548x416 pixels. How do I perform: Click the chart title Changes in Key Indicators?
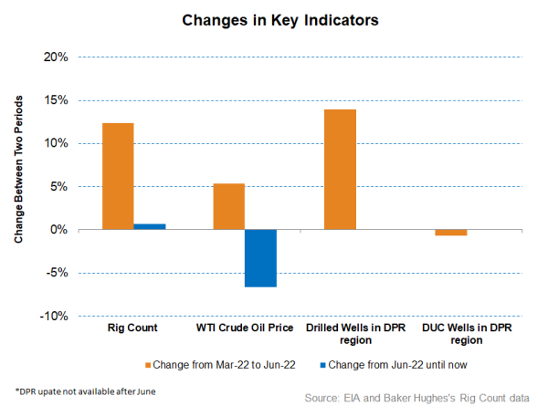tap(274, 19)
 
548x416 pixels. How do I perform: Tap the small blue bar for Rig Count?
tap(150, 226)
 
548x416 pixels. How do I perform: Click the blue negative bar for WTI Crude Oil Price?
tap(260, 258)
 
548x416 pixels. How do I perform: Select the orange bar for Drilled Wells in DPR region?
tap(340, 170)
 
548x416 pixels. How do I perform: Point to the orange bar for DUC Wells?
tap(450, 233)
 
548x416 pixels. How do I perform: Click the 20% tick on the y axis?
tap(55, 57)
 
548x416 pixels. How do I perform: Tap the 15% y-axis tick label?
tap(55, 100)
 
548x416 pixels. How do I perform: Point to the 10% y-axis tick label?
tap(55, 143)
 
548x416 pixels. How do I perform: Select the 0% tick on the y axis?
tap(58, 230)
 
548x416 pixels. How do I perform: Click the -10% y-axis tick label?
tap(53, 316)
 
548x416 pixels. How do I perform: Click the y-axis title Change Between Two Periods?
tap(19, 185)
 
